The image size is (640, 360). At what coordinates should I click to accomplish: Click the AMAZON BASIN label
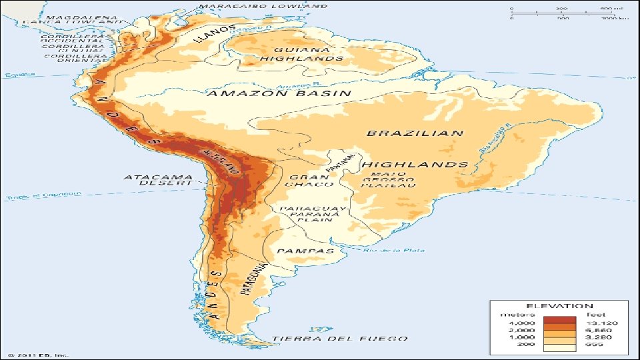280,93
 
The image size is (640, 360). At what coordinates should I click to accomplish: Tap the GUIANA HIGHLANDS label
301,54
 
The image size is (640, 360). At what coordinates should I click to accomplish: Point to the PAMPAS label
305,251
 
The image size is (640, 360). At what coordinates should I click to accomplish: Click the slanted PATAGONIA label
255,279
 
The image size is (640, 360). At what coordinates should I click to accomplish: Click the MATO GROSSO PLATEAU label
390,180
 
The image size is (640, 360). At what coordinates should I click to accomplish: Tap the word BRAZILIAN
415,133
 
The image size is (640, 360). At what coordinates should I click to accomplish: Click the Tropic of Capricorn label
43,195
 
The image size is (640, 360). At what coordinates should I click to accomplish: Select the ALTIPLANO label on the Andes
221,161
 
